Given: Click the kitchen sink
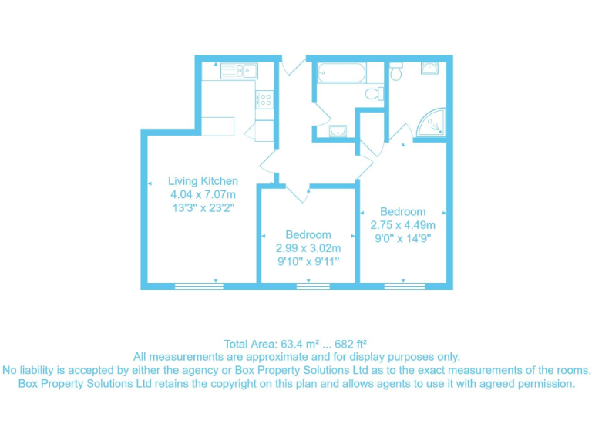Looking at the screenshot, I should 238,71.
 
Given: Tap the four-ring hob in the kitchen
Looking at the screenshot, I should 264,99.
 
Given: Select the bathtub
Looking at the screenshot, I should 339,74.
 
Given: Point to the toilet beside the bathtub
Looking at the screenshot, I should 375,93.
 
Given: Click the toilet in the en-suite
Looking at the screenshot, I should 396,72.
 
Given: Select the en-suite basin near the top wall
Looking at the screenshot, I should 429,69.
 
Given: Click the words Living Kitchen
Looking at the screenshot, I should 203,181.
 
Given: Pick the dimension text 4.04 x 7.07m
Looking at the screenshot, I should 203,194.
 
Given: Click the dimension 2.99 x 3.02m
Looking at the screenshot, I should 308,248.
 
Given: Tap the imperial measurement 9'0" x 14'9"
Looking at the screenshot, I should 402,238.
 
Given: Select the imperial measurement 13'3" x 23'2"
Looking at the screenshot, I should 203,207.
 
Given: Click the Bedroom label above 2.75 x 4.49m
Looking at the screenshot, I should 402,211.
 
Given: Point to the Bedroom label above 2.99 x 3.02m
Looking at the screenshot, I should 308,234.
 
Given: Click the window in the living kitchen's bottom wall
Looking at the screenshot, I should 199,286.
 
